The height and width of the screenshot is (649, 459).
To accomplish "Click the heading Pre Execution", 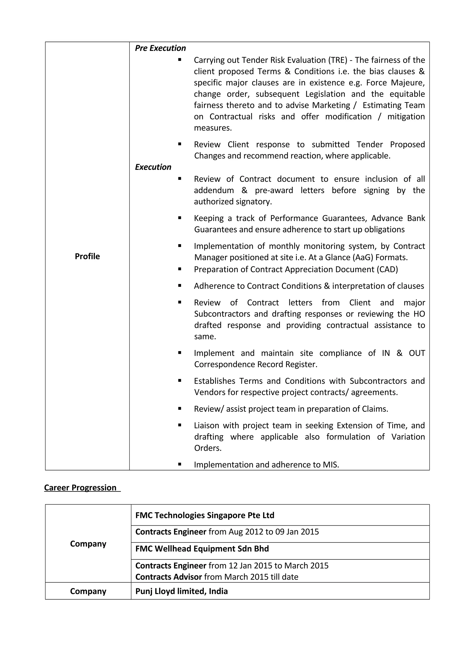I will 160,48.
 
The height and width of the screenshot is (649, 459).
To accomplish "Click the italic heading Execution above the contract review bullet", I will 153,167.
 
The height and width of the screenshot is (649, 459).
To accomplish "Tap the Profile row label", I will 87,256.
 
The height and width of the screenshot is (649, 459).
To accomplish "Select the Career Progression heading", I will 80,488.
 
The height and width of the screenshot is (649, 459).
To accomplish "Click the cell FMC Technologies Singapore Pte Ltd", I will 205,515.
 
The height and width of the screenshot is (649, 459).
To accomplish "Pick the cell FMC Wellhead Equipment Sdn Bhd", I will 202,549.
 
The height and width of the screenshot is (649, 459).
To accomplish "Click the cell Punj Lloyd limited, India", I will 181,591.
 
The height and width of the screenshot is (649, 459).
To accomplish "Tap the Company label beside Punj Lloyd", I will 88,591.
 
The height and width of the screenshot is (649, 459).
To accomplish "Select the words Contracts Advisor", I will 169,577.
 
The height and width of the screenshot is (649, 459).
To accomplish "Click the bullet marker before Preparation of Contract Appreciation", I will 180,269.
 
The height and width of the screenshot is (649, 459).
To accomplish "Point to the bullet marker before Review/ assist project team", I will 180,408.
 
